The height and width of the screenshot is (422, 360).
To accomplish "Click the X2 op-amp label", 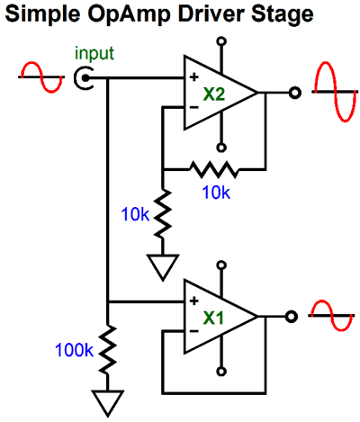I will coord(213,92).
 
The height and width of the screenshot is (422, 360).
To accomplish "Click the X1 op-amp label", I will coord(213,317).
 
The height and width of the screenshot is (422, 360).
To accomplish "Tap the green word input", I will coord(94,54).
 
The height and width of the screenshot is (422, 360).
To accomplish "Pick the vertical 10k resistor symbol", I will coord(163,212).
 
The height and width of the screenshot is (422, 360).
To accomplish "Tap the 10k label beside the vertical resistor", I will coord(134,214).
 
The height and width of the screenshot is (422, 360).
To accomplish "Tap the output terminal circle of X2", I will coord(293,92).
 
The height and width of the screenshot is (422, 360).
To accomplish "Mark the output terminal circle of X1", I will coord(293,316).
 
